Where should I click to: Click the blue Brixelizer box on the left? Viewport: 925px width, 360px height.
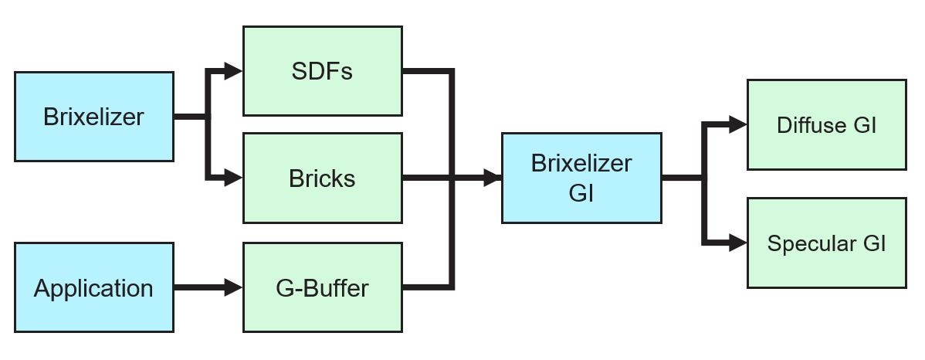point(93,117)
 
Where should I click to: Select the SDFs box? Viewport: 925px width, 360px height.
point(322,71)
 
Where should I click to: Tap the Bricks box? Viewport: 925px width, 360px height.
point(322,178)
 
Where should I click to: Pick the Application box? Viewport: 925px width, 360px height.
point(93,288)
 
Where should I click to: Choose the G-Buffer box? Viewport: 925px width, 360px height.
point(322,288)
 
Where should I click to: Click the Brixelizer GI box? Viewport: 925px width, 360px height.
point(581,178)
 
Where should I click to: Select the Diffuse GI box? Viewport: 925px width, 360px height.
point(826,124)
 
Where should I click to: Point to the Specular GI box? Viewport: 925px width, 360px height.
point(826,243)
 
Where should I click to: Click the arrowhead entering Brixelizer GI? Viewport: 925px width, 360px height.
point(492,178)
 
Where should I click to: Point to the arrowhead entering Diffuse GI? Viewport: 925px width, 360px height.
point(737,124)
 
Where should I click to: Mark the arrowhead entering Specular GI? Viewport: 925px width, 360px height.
point(737,243)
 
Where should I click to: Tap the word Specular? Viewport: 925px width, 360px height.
point(811,244)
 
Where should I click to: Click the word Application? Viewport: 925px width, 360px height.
point(93,288)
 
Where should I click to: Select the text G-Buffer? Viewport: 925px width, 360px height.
point(322,288)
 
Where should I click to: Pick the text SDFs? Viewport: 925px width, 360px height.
point(322,71)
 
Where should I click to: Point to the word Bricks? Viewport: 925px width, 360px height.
point(322,178)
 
